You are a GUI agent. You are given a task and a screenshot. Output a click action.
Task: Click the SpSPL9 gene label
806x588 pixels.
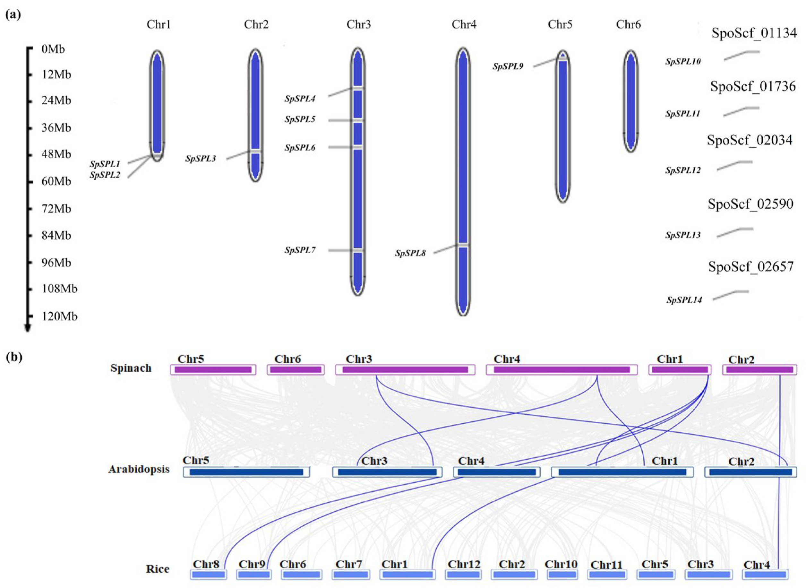coord(508,66)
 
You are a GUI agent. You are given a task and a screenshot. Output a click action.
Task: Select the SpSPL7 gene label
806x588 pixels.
coord(300,250)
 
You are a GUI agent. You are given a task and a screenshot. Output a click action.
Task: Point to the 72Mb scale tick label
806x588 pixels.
coord(56,208)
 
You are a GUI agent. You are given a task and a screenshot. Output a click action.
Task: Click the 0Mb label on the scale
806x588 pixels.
coord(53,49)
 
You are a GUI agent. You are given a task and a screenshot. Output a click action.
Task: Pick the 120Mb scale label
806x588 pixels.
coord(59,316)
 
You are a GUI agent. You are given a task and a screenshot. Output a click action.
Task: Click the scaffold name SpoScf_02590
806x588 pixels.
coord(750,204)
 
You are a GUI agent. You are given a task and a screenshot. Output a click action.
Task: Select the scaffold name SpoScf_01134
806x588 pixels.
coord(754,33)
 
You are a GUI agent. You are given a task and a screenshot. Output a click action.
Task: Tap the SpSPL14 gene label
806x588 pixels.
coord(684,300)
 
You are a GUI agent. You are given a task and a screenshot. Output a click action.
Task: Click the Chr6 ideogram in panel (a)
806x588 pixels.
coord(630,101)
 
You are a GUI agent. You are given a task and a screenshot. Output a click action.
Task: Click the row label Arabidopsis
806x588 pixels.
coord(139,469)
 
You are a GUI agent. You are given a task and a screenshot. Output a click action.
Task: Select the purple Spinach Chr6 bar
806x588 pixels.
coord(296,370)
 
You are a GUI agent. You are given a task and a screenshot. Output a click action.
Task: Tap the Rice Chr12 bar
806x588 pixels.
coord(464,575)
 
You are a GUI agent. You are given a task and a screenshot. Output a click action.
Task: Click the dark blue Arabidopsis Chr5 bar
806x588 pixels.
coord(246,472)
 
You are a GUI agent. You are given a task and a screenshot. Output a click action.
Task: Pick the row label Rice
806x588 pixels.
coord(157,569)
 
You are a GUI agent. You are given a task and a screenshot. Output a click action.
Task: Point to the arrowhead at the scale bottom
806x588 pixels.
coord(27,328)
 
